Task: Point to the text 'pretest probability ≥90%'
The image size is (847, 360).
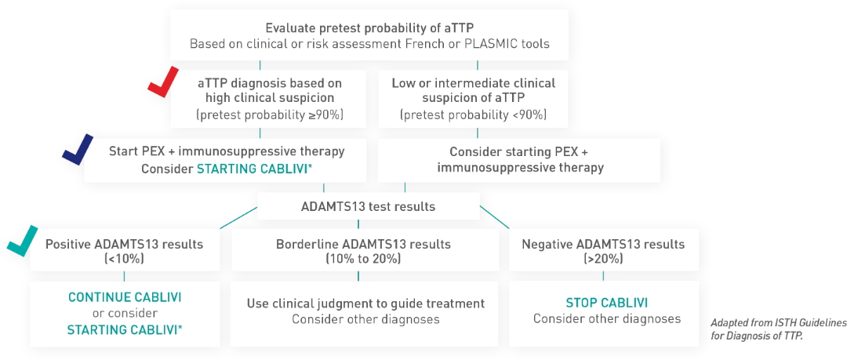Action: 261,115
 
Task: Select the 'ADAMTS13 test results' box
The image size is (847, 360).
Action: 369,206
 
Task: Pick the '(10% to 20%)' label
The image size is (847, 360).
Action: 363,259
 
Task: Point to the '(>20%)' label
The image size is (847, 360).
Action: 603,259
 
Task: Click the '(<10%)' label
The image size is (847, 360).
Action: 124,259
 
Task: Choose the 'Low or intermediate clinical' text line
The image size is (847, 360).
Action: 473,84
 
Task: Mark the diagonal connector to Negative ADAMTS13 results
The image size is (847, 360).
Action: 495,217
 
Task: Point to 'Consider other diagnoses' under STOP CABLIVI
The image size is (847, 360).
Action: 606,318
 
